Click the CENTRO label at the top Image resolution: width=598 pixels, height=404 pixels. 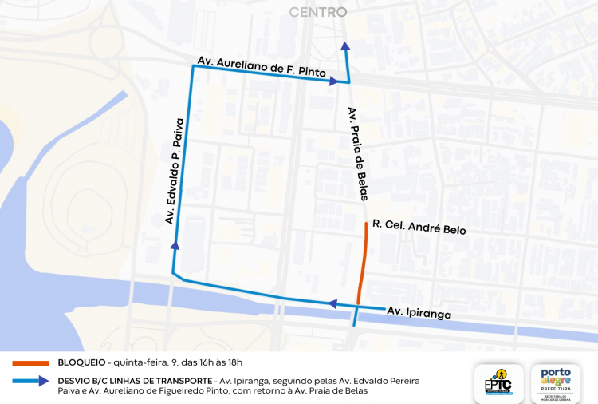click(x=317, y=12)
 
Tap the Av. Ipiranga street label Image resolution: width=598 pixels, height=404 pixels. click(x=419, y=312)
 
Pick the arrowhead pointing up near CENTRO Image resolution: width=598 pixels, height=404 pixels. click(x=344, y=46)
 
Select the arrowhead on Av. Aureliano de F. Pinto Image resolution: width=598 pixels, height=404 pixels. click(x=334, y=81)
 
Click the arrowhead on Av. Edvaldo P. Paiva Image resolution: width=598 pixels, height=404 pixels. click(x=175, y=245)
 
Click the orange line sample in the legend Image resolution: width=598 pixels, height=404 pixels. click(x=30, y=362)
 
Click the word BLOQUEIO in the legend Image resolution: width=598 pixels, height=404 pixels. click(x=81, y=362)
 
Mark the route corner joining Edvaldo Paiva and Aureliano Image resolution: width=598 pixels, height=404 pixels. click(x=192, y=67)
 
